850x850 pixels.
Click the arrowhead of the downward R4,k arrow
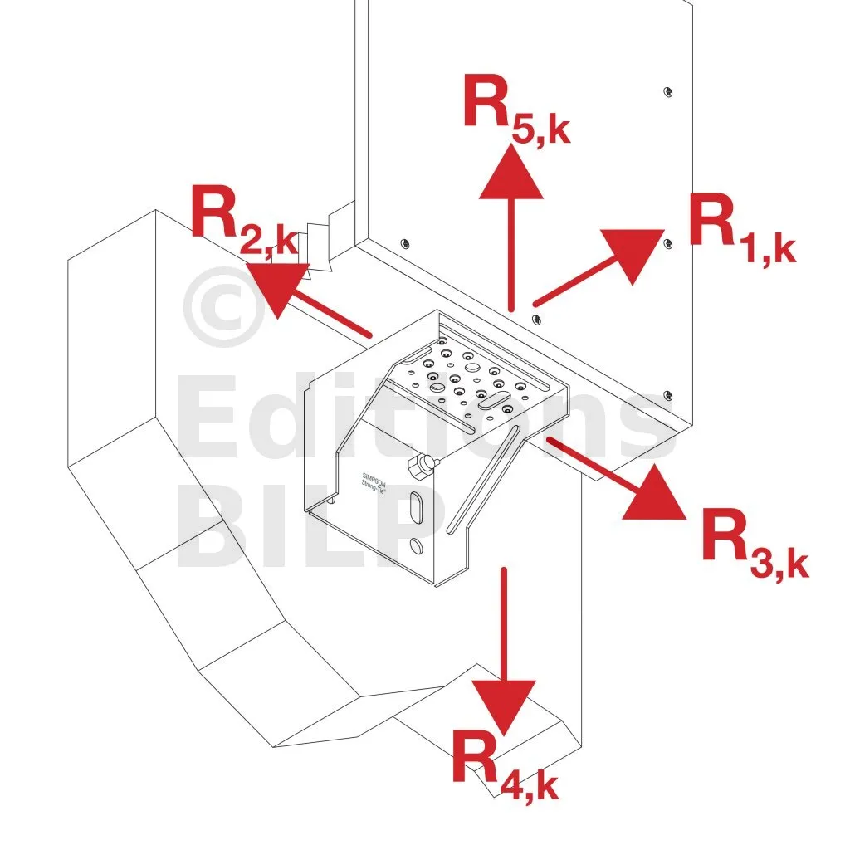[x=503, y=705]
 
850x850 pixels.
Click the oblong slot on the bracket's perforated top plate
[x=495, y=398]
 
